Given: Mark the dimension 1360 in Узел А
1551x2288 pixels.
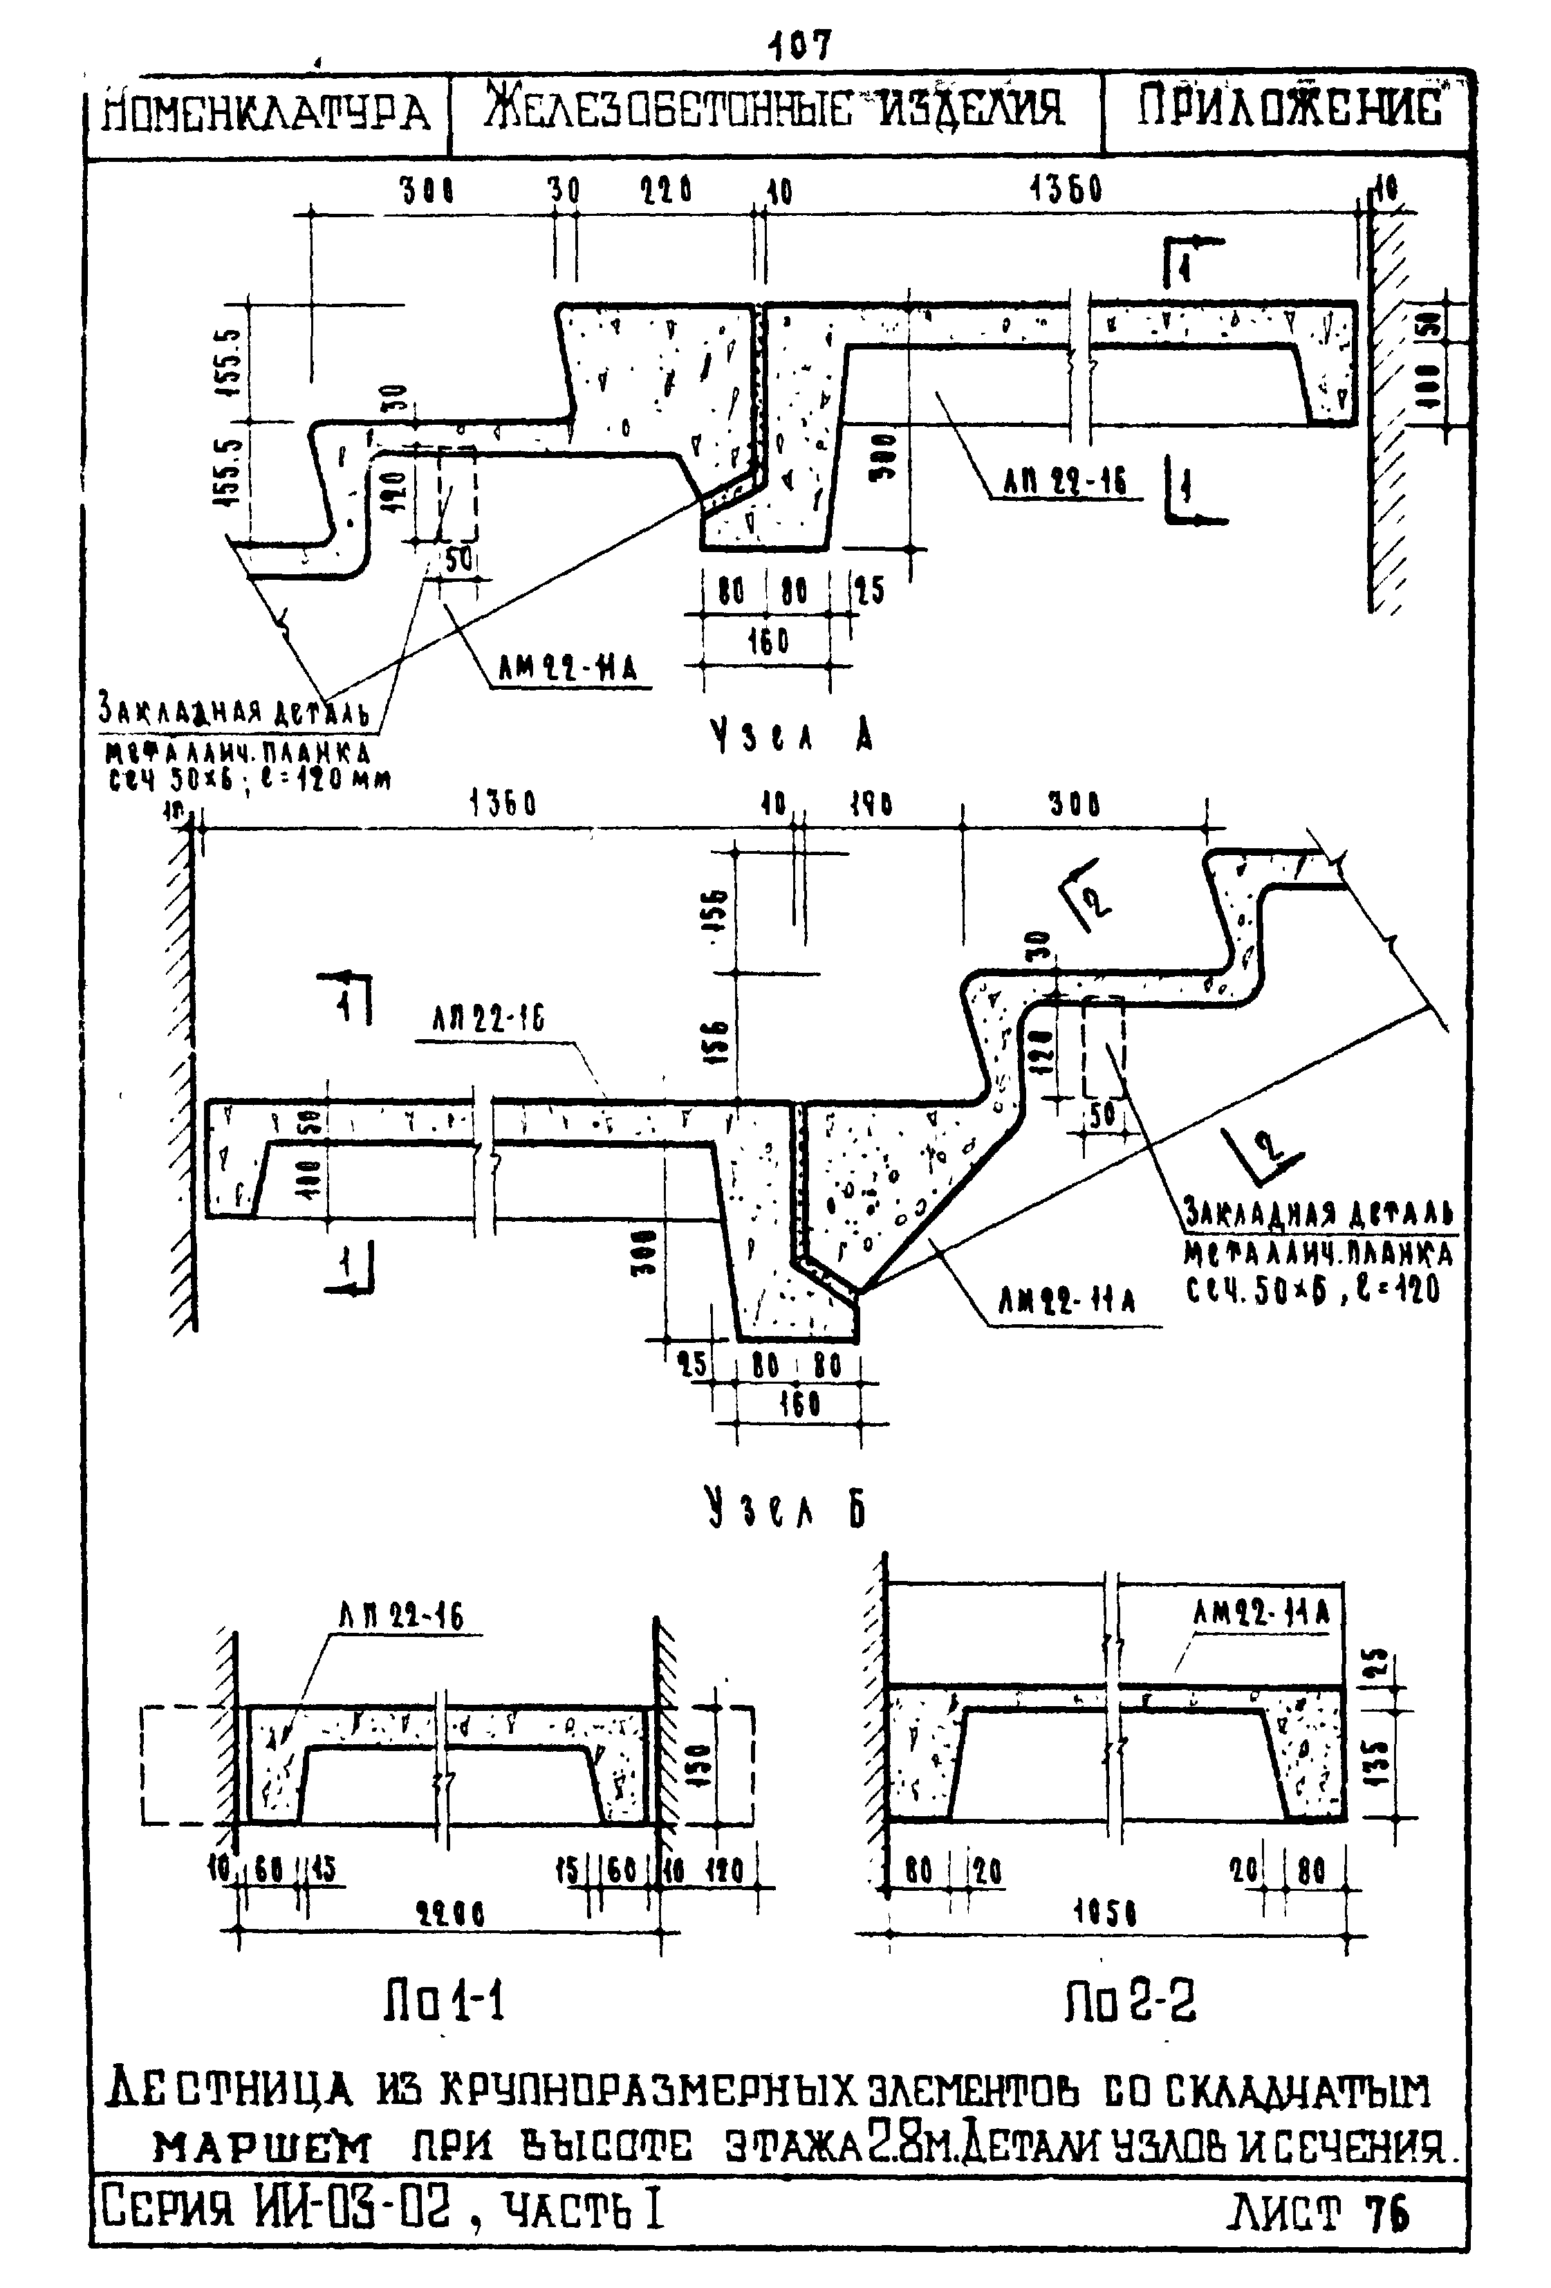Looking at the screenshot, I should [x=1066, y=190].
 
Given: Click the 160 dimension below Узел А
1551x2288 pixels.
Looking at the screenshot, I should [x=768, y=642].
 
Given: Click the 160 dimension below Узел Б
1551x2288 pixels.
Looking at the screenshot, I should [x=799, y=1403].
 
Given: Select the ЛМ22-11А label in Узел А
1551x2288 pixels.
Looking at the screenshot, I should [x=568, y=670].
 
